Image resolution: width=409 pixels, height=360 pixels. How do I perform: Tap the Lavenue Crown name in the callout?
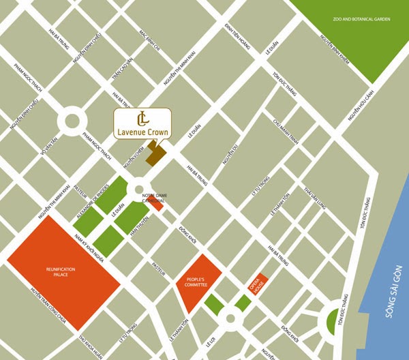tap(142, 131)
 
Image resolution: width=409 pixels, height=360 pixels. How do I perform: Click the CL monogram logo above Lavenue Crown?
tap(142, 115)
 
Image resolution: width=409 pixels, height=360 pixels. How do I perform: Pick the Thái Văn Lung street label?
tap(316, 198)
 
